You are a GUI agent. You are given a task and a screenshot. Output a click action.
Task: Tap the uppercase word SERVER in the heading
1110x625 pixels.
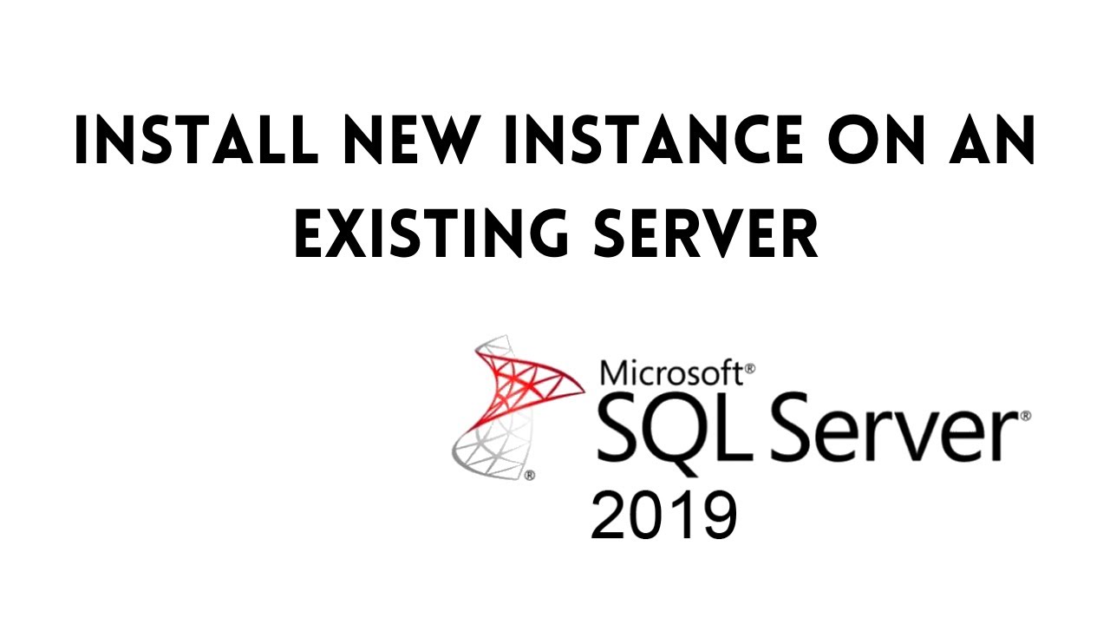point(706,234)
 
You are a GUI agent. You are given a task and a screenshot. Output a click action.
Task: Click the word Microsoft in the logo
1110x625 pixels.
point(670,372)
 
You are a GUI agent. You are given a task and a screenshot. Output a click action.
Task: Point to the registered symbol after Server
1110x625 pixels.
point(1026,417)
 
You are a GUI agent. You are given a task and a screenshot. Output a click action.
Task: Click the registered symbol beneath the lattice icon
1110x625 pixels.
point(529,475)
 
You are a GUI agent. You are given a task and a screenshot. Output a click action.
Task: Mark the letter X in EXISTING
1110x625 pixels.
point(342,234)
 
